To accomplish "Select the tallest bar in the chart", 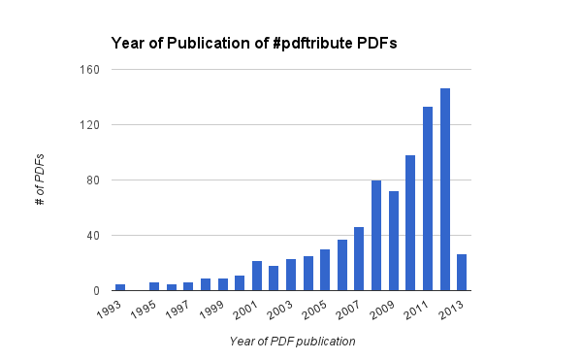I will click(445, 189).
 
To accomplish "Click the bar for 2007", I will click(359, 258).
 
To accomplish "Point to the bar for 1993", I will click(120, 287).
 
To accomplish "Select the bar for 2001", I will click(257, 276).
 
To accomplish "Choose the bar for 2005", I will click(325, 270).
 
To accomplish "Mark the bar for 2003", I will click(291, 275).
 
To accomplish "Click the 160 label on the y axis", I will click(90, 70).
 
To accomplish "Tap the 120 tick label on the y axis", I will click(90, 125).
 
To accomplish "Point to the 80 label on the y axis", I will click(94, 180).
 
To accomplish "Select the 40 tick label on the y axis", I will click(94, 236).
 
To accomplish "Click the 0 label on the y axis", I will click(97, 291).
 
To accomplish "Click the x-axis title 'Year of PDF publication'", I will click(292, 342).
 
